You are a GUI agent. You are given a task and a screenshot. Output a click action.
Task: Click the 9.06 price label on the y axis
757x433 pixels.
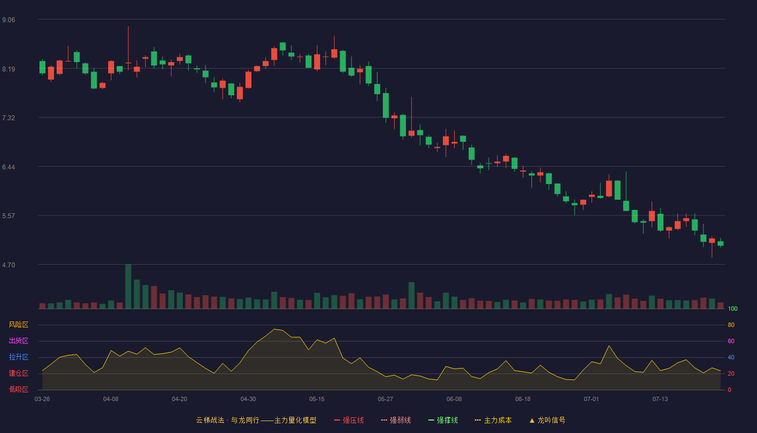coord(9,20)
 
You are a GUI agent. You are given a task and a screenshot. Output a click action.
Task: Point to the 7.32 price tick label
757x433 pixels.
coord(9,118)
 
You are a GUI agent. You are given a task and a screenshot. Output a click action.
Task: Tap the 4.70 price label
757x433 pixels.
coord(9,265)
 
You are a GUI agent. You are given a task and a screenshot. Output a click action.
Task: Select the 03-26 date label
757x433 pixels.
coord(42,399)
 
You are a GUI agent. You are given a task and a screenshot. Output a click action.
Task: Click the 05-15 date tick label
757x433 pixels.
coord(317,399)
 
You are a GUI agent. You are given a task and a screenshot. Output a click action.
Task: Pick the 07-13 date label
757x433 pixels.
coord(660,399)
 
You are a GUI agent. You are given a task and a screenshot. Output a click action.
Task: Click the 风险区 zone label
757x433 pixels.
coord(18,325)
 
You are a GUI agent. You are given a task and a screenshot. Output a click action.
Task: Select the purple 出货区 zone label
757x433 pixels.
coord(18,340)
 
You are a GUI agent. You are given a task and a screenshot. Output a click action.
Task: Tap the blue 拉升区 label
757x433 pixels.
coord(18,357)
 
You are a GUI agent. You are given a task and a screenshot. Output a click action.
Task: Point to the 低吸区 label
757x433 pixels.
coord(18,389)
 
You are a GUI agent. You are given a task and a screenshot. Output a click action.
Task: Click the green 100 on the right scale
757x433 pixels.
coord(733,309)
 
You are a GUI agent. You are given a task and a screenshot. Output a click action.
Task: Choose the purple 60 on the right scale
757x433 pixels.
coord(731,341)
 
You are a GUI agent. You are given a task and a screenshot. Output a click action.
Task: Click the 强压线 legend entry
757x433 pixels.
coord(349,420)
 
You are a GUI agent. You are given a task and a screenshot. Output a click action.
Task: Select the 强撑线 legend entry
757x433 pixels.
coord(443,420)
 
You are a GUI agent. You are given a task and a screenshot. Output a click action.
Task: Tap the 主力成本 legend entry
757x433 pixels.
coord(493,420)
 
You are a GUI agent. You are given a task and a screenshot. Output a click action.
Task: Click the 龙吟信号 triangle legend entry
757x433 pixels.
coord(547,420)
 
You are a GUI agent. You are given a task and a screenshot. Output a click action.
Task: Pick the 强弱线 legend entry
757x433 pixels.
coord(396,420)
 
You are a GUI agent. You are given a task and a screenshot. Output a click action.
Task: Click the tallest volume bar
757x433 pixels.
coord(128,286)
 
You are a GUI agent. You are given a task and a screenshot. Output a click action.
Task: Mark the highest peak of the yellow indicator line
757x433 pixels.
coord(275,329)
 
